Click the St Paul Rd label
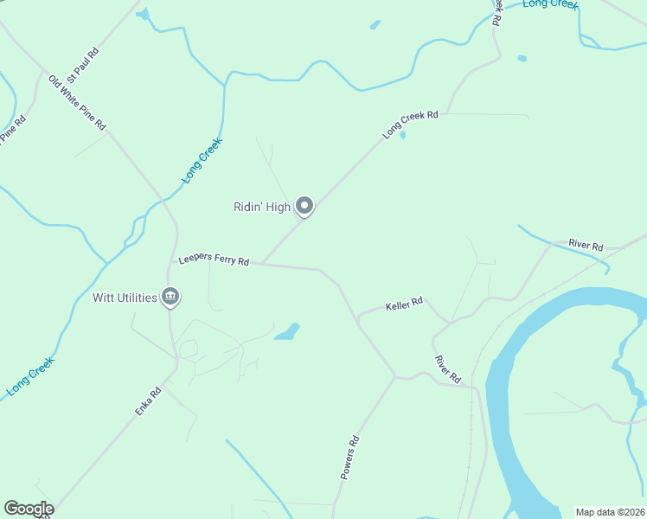(x=84, y=64)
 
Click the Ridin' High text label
(x=262, y=207)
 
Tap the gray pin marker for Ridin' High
(x=304, y=206)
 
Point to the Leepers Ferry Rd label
(x=214, y=260)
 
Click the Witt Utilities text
(x=125, y=298)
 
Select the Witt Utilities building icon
(x=170, y=298)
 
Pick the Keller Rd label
(x=404, y=304)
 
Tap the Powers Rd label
(x=349, y=458)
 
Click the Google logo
(x=29, y=509)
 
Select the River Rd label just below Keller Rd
(x=448, y=369)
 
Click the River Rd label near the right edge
(x=586, y=246)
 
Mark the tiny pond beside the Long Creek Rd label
(x=403, y=135)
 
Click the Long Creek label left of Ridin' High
(x=202, y=160)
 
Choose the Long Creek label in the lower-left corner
(x=30, y=376)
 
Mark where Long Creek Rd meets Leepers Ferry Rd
(x=262, y=264)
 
